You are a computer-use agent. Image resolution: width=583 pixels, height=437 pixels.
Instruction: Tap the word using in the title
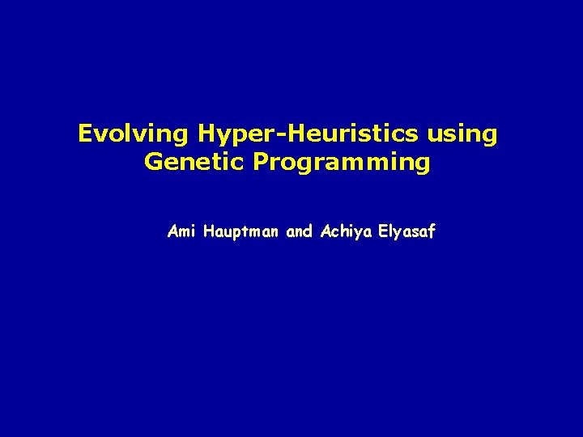click(467, 134)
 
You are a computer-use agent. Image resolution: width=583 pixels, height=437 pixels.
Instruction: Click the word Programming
click(342, 162)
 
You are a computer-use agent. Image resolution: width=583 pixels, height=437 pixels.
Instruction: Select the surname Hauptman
click(238, 231)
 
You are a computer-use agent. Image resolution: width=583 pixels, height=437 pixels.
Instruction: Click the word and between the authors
click(300, 231)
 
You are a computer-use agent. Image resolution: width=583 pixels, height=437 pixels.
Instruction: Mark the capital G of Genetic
click(152, 162)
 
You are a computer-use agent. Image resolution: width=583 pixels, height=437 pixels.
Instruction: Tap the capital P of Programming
click(261, 162)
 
